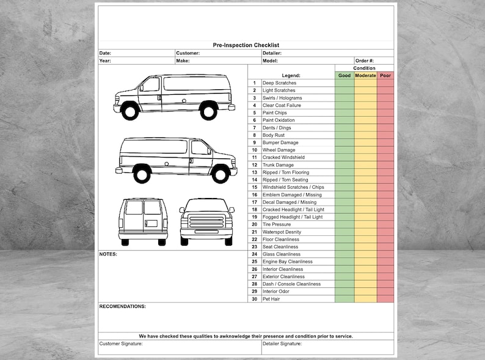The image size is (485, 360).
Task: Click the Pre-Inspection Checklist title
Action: (x=246, y=45)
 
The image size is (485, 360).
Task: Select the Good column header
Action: (x=345, y=76)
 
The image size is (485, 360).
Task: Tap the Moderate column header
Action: (x=365, y=76)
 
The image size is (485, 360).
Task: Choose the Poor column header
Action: (x=385, y=76)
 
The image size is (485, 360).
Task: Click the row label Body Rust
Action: (x=274, y=135)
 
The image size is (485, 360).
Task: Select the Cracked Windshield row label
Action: (x=283, y=158)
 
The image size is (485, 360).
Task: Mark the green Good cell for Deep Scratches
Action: (x=345, y=83)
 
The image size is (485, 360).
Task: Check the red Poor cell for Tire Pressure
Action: (x=385, y=224)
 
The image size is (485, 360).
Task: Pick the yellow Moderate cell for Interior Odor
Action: (x=365, y=292)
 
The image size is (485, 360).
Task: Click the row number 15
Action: (x=254, y=187)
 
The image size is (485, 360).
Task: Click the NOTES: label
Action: (x=108, y=254)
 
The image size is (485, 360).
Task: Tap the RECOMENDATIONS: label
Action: (x=123, y=306)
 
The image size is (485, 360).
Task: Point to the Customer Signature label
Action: (x=121, y=343)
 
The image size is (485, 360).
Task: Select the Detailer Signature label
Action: (x=282, y=343)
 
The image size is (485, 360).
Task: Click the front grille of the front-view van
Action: (x=206, y=221)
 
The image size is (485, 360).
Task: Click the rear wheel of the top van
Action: (x=209, y=111)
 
